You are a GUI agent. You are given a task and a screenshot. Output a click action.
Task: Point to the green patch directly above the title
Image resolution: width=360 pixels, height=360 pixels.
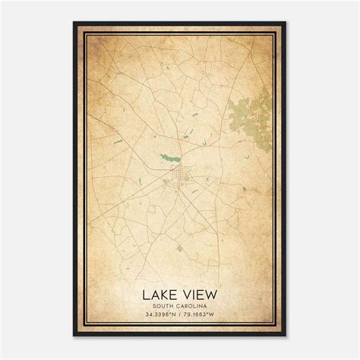tap(180, 248)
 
